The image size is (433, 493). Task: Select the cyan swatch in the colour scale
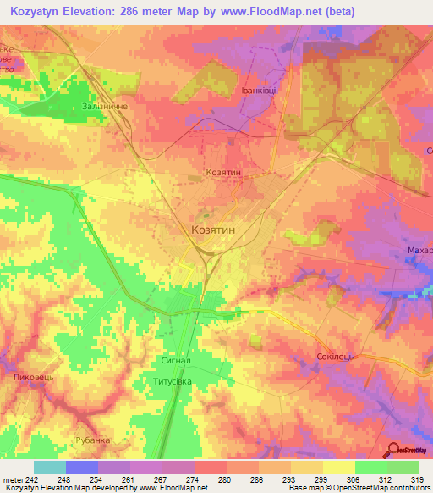(49, 468)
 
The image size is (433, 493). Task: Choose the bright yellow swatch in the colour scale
(338, 468)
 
